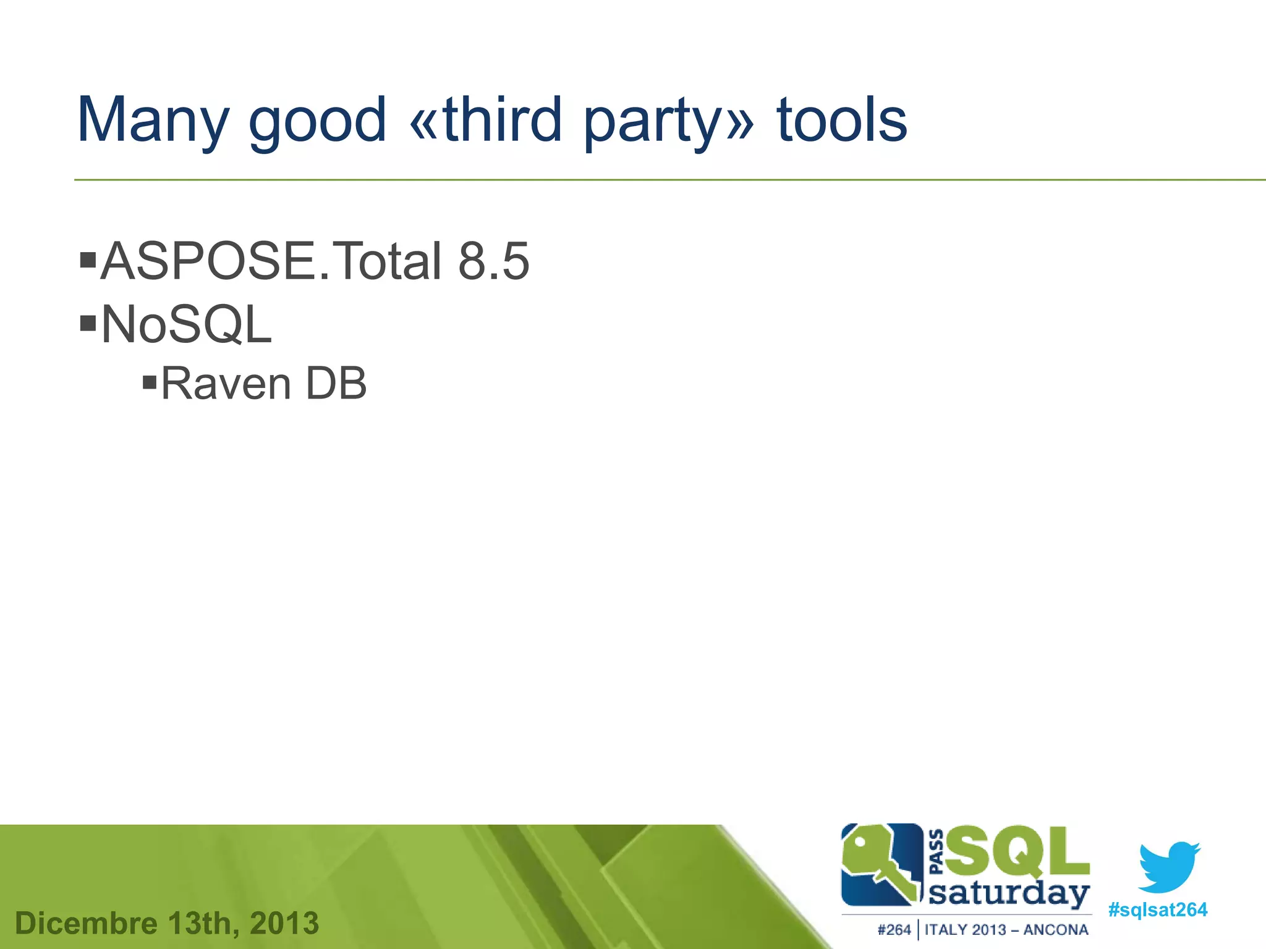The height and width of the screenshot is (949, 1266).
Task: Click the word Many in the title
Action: point(153,120)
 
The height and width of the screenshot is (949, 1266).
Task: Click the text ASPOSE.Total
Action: point(271,261)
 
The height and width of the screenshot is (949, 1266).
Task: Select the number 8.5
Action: point(493,261)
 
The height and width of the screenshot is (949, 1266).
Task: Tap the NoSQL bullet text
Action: point(186,325)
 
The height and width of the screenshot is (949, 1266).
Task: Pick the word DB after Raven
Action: point(336,384)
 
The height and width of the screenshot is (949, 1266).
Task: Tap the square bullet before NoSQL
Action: point(88,322)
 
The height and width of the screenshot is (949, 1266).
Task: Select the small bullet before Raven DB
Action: point(149,382)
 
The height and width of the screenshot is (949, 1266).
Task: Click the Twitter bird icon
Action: point(1169,866)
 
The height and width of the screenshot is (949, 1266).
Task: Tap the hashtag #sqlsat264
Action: point(1157,910)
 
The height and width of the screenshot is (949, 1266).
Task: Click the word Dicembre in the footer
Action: point(86,924)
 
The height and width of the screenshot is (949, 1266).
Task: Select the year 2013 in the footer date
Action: point(284,924)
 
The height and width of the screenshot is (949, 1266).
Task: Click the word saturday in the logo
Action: point(1009,895)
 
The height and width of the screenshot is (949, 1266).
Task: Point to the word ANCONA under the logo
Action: point(1056,930)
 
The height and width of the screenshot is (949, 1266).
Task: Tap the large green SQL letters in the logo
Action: point(1017,851)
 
